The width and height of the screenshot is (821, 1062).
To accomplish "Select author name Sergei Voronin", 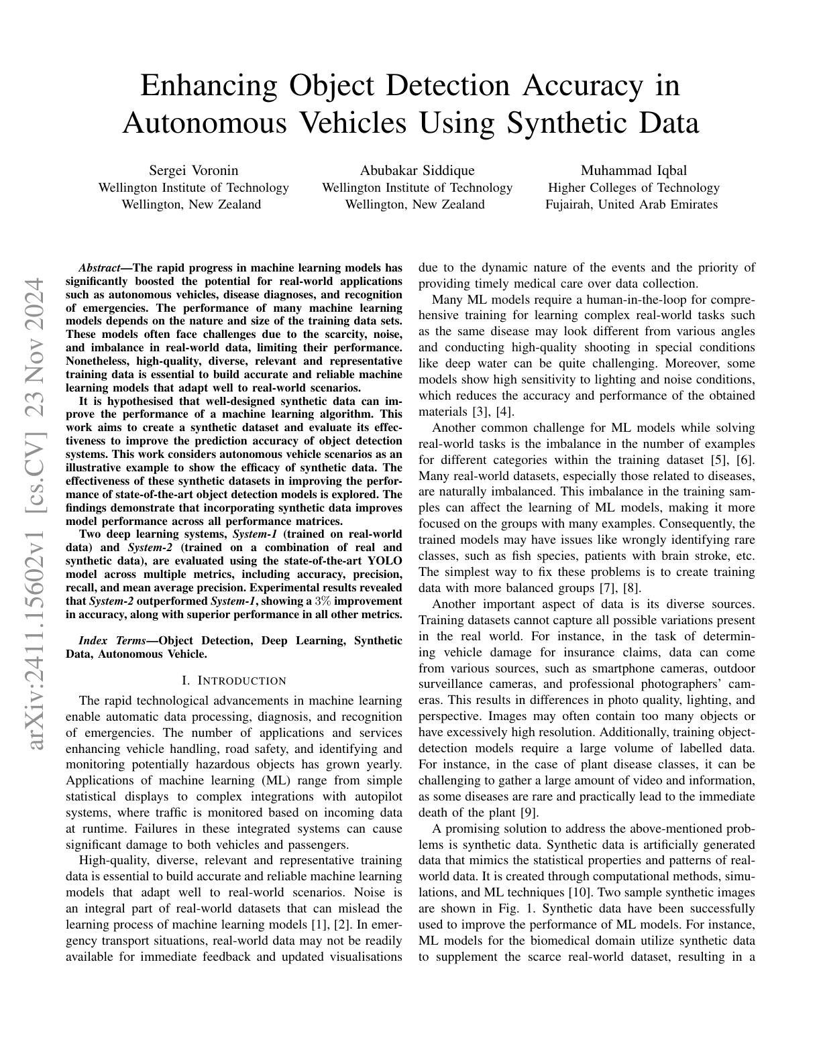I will [x=193, y=170].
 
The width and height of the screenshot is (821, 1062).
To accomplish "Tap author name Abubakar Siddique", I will [x=417, y=170].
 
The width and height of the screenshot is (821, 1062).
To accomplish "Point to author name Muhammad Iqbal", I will [x=633, y=170].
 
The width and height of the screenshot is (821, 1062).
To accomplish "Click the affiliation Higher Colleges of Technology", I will [x=633, y=188].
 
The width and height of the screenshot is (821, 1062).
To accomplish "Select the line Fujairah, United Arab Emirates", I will [x=631, y=204].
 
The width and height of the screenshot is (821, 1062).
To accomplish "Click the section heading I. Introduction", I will [x=234, y=681].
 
